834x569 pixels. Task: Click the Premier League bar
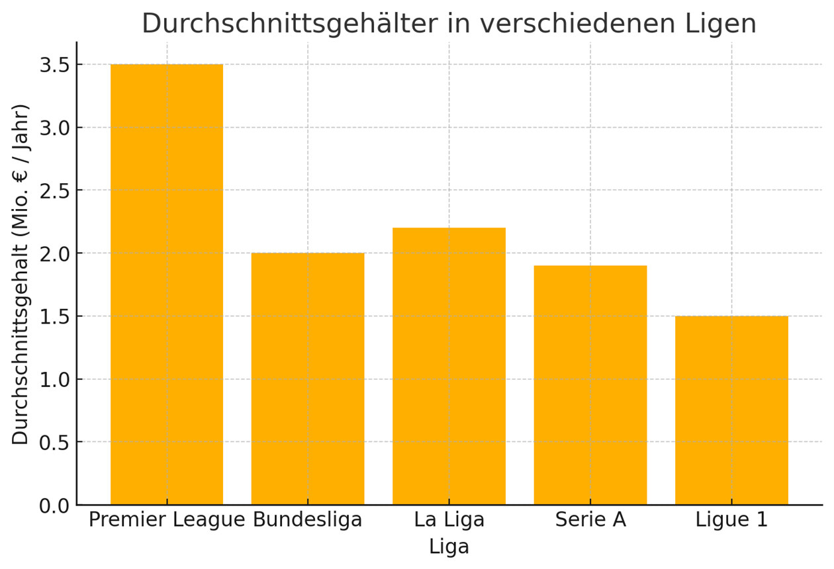pos(167,284)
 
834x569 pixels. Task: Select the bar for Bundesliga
pos(308,378)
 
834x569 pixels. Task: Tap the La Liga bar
pos(449,366)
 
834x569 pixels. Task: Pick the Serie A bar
pos(590,385)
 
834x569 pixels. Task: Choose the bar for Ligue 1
pos(731,410)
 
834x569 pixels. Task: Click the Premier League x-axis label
pos(167,520)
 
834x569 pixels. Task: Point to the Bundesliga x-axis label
pos(308,520)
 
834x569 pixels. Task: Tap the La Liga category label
pos(449,520)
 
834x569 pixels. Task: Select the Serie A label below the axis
pos(590,520)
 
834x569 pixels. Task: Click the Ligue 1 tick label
pos(731,520)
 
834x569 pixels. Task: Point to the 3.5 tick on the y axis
pos(54,65)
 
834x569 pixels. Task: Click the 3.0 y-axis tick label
pos(54,128)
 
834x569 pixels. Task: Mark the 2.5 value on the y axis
pos(54,191)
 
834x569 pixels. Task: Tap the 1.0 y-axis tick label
pos(54,379)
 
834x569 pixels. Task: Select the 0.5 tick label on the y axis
pos(54,442)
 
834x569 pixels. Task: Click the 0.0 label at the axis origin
pos(54,505)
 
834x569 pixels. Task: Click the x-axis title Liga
pos(449,547)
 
